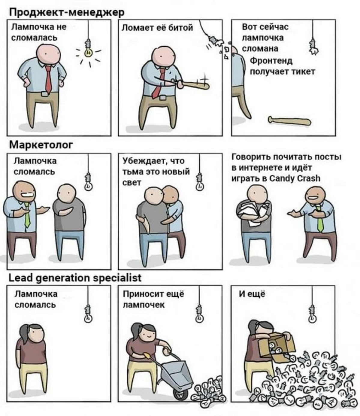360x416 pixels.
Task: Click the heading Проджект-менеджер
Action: pos(67,13)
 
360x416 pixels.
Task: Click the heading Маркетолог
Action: pos(41,145)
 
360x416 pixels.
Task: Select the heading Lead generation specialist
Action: pos(75,278)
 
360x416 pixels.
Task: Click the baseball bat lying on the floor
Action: pos(290,121)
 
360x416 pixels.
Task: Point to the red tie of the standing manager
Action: pos(48,79)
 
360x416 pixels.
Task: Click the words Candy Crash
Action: pos(295,179)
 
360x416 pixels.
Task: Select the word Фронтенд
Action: pos(271,61)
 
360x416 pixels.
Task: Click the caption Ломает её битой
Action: pos(157,28)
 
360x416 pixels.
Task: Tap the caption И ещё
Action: pos(252,294)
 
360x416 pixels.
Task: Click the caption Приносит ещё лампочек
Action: pos(153,299)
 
